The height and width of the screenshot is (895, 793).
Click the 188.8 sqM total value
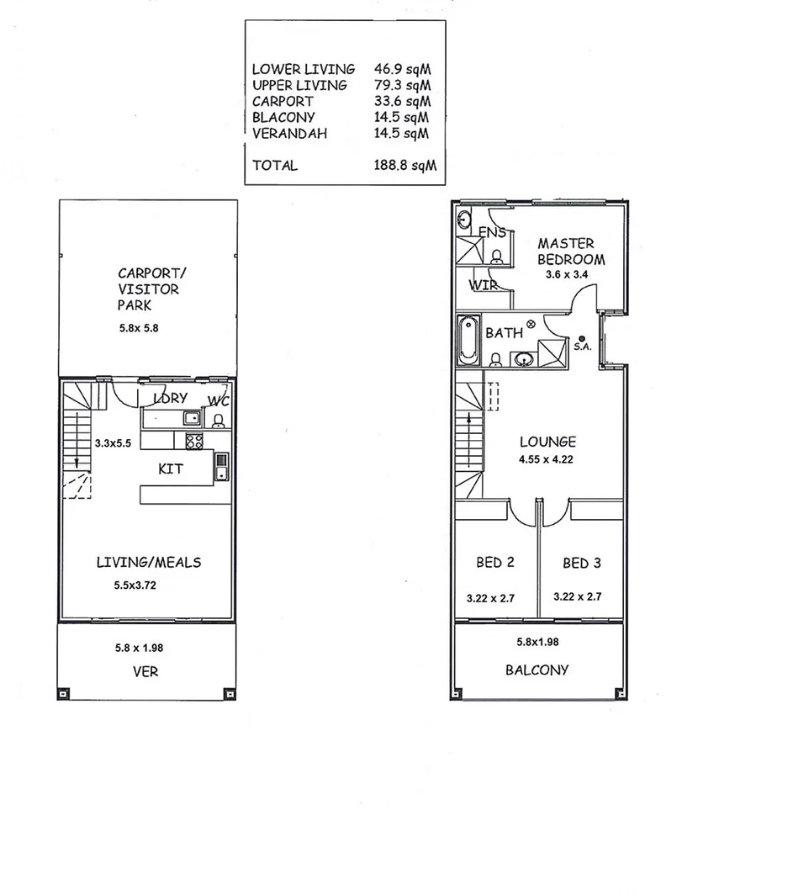tap(404, 166)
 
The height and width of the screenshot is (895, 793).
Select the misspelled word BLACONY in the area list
tap(283, 117)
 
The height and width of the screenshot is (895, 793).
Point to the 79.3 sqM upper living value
tap(402, 85)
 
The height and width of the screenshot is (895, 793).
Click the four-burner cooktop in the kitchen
tap(193, 440)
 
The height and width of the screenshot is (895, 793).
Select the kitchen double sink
tap(221, 466)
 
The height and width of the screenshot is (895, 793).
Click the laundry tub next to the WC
tap(191, 417)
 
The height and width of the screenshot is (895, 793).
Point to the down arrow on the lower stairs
tap(77, 462)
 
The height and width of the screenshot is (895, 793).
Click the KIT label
tap(171, 469)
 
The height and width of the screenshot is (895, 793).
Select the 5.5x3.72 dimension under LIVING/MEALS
tap(135, 584)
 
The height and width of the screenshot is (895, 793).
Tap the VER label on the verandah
tap(145, 671)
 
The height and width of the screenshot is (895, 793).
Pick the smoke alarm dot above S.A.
tap(581, 336)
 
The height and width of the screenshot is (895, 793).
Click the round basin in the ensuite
tap(465, 220)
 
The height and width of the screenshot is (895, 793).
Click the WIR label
tap(484, 285)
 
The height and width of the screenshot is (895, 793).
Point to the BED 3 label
tap(582, 563)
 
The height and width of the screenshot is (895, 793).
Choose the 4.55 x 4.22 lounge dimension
tap(547, 459)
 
